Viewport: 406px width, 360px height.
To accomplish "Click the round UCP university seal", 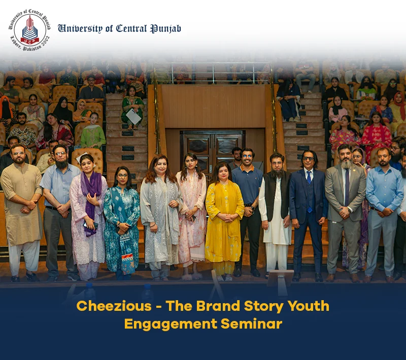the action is [29, 30].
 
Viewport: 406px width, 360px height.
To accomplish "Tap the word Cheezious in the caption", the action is [114, 306].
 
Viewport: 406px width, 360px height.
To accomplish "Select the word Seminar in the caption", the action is [251, 324].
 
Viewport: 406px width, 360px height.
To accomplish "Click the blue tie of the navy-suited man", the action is [309, 191].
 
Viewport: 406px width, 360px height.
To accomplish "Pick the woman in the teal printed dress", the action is [122, 223].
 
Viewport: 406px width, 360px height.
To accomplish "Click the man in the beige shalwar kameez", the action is [21, 212].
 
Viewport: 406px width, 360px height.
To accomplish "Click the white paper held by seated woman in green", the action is [133, 116].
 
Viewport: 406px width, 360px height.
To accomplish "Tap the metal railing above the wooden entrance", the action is [212, 73].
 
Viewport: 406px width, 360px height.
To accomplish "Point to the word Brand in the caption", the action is [218, 306].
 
